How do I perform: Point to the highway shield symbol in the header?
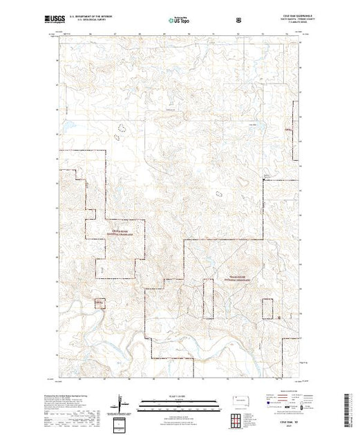tap(238, 18)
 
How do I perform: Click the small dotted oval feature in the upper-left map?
tap(124, 128)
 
